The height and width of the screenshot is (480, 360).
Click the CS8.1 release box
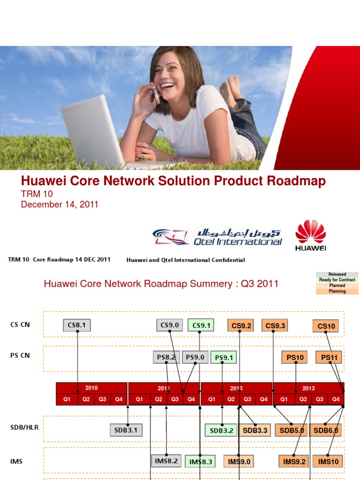point(77,325)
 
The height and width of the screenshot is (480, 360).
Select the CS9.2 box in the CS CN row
point(241,325)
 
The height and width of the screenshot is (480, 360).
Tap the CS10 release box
point(326,326)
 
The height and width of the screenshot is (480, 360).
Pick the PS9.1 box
point(223,358)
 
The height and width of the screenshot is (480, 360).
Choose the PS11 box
point(329,358)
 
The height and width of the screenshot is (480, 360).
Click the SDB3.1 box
point(126,430)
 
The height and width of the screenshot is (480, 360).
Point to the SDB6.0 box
point(326,430)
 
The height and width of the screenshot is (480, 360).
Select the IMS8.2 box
point(166,461)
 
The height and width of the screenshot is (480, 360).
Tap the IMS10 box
point(328,462)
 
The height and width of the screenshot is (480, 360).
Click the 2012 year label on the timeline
point(237,388)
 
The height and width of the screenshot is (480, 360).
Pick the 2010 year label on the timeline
point(91,388)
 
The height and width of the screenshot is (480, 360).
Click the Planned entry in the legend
point(337,285)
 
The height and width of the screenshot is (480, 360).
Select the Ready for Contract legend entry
point(337,280)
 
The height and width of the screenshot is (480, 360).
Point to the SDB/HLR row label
point(24,427)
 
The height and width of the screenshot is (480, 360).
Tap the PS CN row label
point(20,355)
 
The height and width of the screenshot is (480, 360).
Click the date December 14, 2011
point(60,205)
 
